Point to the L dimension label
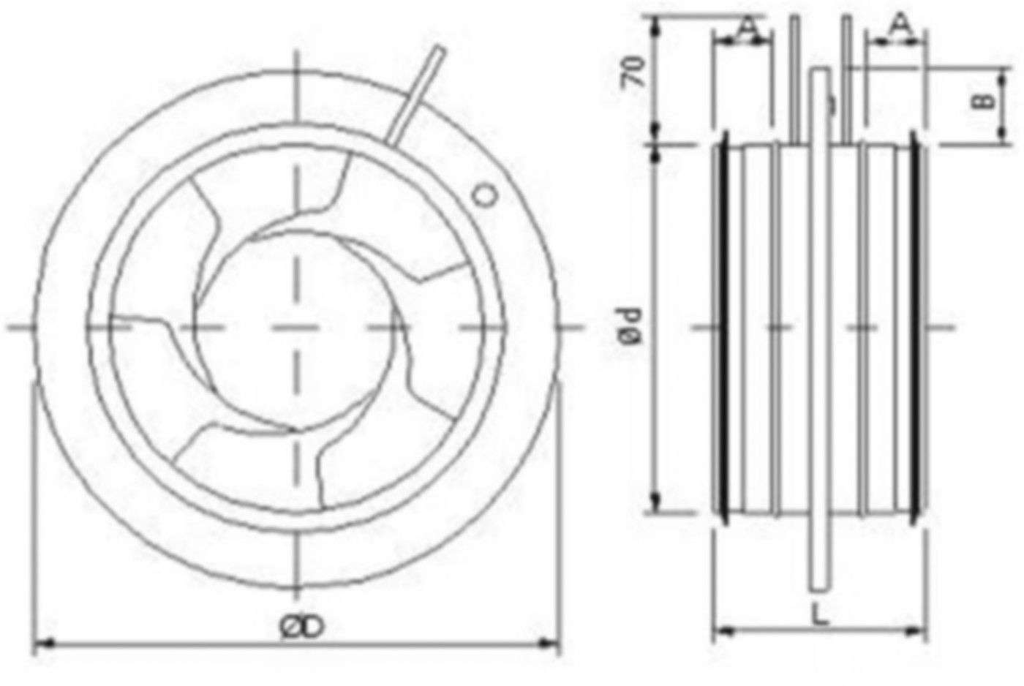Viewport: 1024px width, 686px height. (x=821, y=614)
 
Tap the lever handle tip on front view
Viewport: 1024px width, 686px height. (x=438, y=51)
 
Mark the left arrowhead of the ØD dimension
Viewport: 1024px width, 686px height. (x=41, y=644)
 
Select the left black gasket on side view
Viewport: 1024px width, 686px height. (x=725, y=325)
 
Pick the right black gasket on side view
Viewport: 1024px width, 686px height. (x=915, y=325)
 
